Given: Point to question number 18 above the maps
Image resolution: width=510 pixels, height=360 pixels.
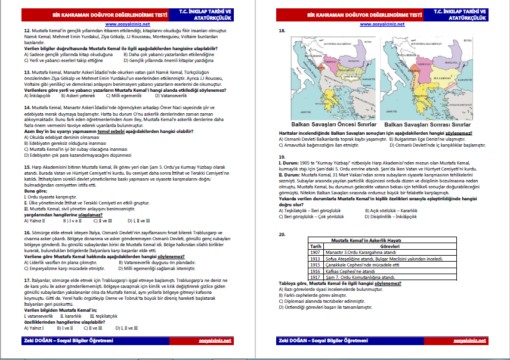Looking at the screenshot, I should pos(282,30).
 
